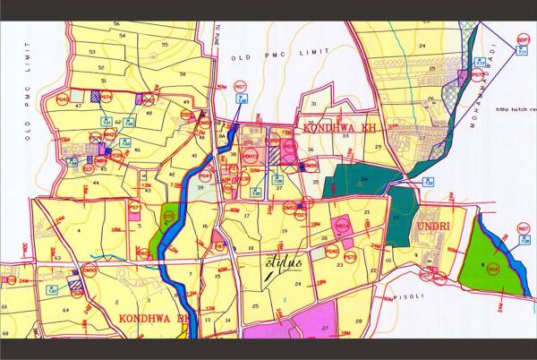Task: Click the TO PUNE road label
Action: pos(217,35)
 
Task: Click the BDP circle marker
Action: pos(522,40)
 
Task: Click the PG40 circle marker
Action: pos(331,253)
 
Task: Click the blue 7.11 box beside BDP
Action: pos(522,54)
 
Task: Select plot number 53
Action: pos(93,53)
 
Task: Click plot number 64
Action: pos(65,310)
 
